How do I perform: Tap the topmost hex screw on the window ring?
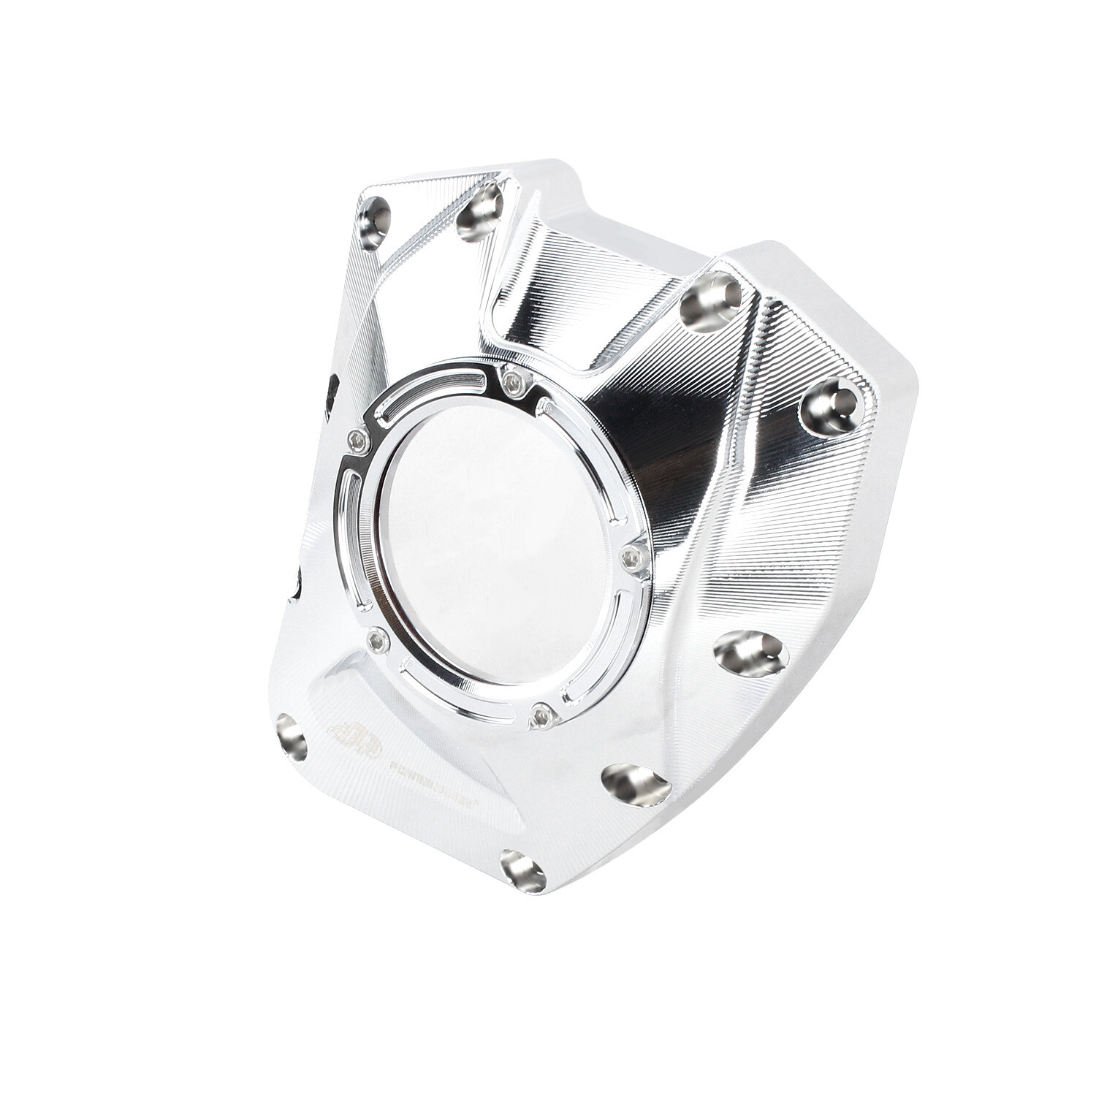(517, 380)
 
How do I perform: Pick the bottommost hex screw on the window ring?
(541, 715)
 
